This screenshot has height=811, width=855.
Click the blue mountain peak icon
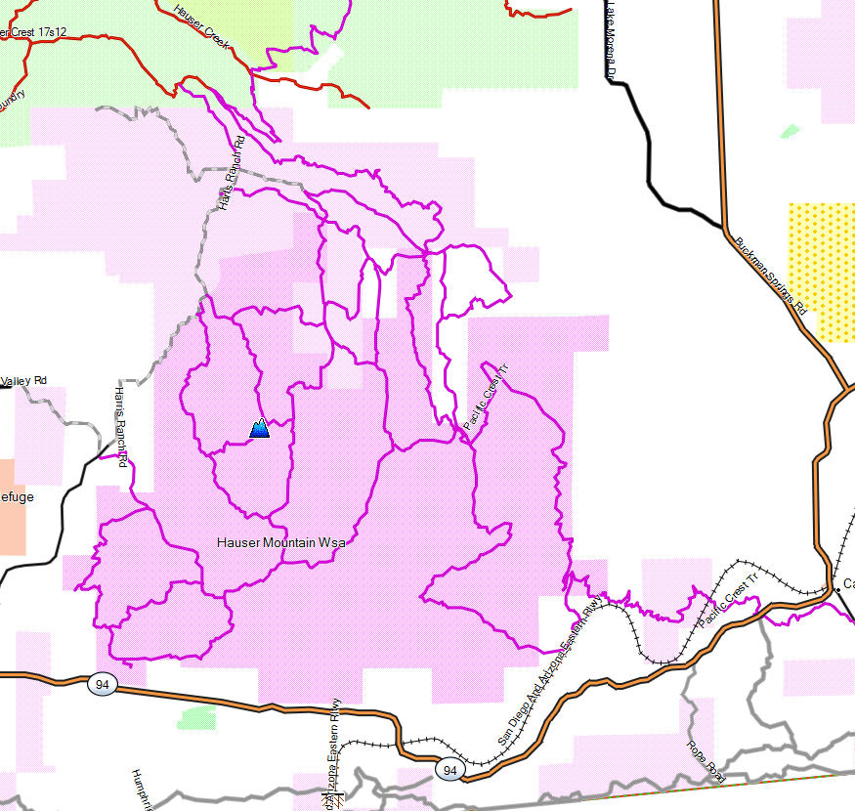[x=260, y=428]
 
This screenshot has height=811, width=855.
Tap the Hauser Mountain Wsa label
[x=280, y=541]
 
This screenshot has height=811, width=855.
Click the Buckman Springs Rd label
[x=771, y=275]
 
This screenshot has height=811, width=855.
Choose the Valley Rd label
[x=24, y=380]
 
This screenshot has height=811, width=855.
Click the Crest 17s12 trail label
[x=34, y=32]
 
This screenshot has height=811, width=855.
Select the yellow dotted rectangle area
[x=822, y=272]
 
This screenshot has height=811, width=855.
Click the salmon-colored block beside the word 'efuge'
[x=13, y=507]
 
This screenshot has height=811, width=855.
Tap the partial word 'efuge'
[x=17, y=497]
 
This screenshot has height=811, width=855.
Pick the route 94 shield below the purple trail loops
[x=102, y=684]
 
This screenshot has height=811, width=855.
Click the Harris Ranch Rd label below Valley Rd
[x=121, y=425]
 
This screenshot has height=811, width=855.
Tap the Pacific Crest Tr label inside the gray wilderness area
[x=486, y=397]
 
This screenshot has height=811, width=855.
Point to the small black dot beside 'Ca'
[x=837, y=589]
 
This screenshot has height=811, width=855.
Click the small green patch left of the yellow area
[x=790, y=131]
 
